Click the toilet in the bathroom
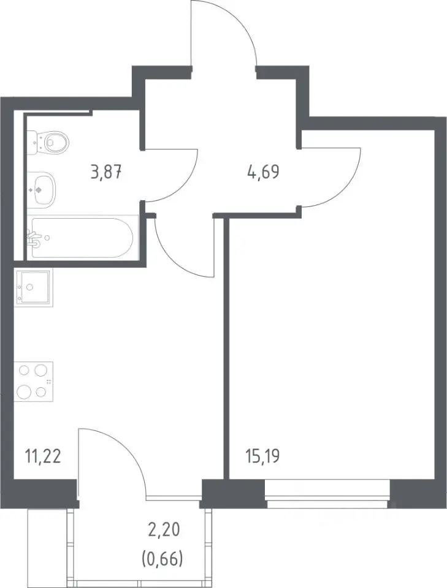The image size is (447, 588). pyautogui.click(x=49, y=142)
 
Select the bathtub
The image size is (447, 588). pyautogui.click(x=82, y=238)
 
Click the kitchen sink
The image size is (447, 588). pyautogui.click(x=33, y=287)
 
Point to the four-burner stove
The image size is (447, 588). pyautogui.click(x=33, y=382)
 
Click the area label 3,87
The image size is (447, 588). pyautogui.click(x=107, y=173)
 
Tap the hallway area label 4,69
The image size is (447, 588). pyautogui.click(x=263, y=173)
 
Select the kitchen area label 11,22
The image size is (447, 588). pyautogui.click(x=43, y=457)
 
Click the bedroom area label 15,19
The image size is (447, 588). pyautogui.click(x=262, y=457)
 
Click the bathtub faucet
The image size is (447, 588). pyautogui.click(x=34, y=239)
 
